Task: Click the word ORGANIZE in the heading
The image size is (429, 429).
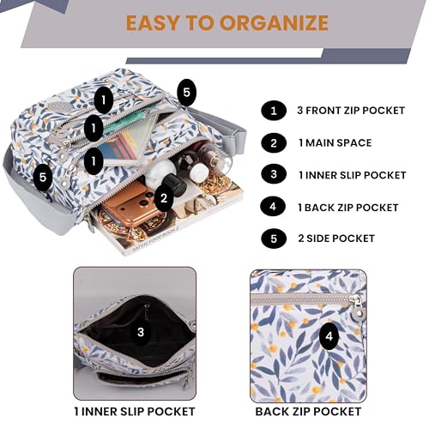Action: tap(274, 23)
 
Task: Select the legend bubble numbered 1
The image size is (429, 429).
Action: tap(274, 111)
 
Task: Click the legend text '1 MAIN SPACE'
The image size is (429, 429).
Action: tap(335, 142)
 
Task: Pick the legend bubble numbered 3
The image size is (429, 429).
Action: tap(274, 174)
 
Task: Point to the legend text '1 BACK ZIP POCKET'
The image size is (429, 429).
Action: tap(348, 208)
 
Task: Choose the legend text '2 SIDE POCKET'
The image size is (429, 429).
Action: tap(336, 239)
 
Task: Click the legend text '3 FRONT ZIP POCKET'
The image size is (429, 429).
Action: tap(351, 111)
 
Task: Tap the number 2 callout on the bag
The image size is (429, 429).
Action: tap(164, 198)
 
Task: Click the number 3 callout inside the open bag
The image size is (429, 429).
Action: tap(141, 332)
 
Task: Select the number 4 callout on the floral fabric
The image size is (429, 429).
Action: tap(329, 336)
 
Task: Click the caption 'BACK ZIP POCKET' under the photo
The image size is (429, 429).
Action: tap(308, 412)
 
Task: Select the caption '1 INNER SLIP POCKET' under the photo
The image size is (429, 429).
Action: tap(135, 412)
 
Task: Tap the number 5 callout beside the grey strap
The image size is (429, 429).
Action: tap(186, 93)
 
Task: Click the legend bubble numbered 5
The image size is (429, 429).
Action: tap(274, 239)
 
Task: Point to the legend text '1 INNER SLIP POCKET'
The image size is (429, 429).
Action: tap(353, 175)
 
